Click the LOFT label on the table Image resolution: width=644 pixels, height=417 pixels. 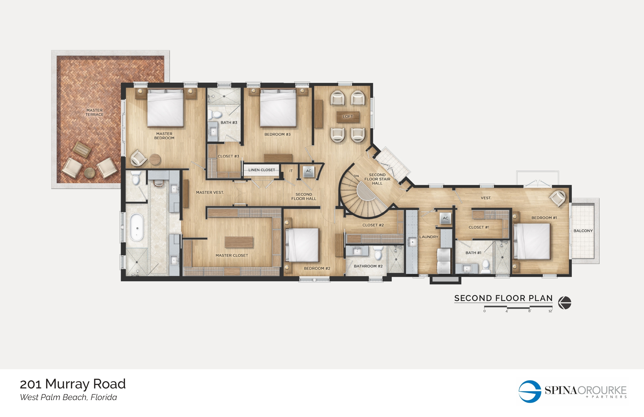click(x=348, y=117)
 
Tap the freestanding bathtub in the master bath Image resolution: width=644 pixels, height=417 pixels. click(x=137, y=227)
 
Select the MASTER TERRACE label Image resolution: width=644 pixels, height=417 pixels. click(x=94, y=112)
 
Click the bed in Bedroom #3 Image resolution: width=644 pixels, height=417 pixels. click(x=278, y=108)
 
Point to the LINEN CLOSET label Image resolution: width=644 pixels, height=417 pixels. click(x=261, y=170)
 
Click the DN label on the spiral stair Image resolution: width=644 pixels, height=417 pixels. click(x=356, y=176)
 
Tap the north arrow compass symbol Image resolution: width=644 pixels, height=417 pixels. click(x=565, y=303)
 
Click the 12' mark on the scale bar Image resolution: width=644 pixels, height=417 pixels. click(x=550, y=311)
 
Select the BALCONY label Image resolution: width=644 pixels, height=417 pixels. click(x=583, y=231)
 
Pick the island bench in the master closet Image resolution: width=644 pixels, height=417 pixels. click(x=239, y=242)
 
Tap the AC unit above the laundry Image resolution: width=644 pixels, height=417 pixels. click(x=445, y=218)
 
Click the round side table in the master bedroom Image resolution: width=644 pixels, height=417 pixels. click(x=155, y=159)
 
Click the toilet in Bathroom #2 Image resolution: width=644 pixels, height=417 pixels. click(x=378, y=253)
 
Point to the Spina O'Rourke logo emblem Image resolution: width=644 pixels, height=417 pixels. click(x=530, y=391)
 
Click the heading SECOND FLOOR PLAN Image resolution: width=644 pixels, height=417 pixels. click(x=503, y=298)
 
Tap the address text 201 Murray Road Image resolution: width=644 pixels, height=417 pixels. click(x=73, y=384)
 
